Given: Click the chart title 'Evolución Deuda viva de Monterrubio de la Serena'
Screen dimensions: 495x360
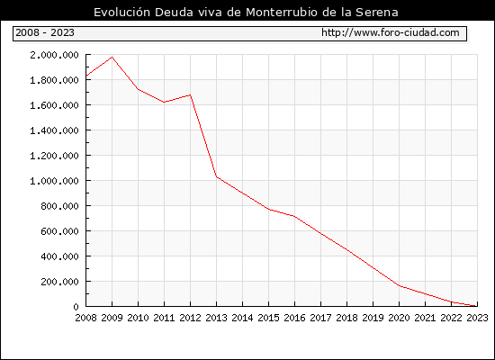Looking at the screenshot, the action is click(x=246, y=12).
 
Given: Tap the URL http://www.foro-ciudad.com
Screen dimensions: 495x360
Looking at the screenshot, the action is click(x=391, y=32).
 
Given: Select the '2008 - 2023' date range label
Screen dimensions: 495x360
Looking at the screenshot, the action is click(x=45, y=32).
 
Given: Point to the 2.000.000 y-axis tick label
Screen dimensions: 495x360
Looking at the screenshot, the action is click(x=54, y=55).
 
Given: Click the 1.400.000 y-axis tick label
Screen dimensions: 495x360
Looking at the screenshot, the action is click(x=54, y=130).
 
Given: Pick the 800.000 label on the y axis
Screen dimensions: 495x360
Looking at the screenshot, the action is click(x=59, y=206).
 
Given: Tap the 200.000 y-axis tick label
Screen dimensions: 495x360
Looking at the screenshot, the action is click(x=59, y=282).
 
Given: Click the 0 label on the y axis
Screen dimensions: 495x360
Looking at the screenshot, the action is click(x=76, y=307).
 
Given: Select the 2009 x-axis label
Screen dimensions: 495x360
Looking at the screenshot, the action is click(x=112, y=318).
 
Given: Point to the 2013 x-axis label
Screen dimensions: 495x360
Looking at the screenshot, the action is click(x=216, y=318).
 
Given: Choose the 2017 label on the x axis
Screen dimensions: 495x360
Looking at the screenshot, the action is click(x=320, y=318).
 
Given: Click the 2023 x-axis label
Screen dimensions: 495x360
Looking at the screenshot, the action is click(x=477, y=318).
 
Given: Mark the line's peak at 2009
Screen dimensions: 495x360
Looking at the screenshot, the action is click(x=112, y=58).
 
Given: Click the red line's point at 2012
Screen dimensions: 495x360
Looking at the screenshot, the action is click(x=191, y=94).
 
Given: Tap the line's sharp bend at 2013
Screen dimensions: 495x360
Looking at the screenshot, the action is click(x=216, y=176).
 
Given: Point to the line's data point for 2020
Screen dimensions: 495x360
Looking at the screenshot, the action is click(x=400, y=286).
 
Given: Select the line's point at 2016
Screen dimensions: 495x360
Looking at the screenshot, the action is click(x=294, y=216).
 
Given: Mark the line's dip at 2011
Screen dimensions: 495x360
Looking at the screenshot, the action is click(x=164, y=102).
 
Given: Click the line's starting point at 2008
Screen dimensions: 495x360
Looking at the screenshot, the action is click(x=86, y=76).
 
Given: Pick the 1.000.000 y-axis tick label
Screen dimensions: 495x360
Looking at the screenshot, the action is click(x=54, y=181).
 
